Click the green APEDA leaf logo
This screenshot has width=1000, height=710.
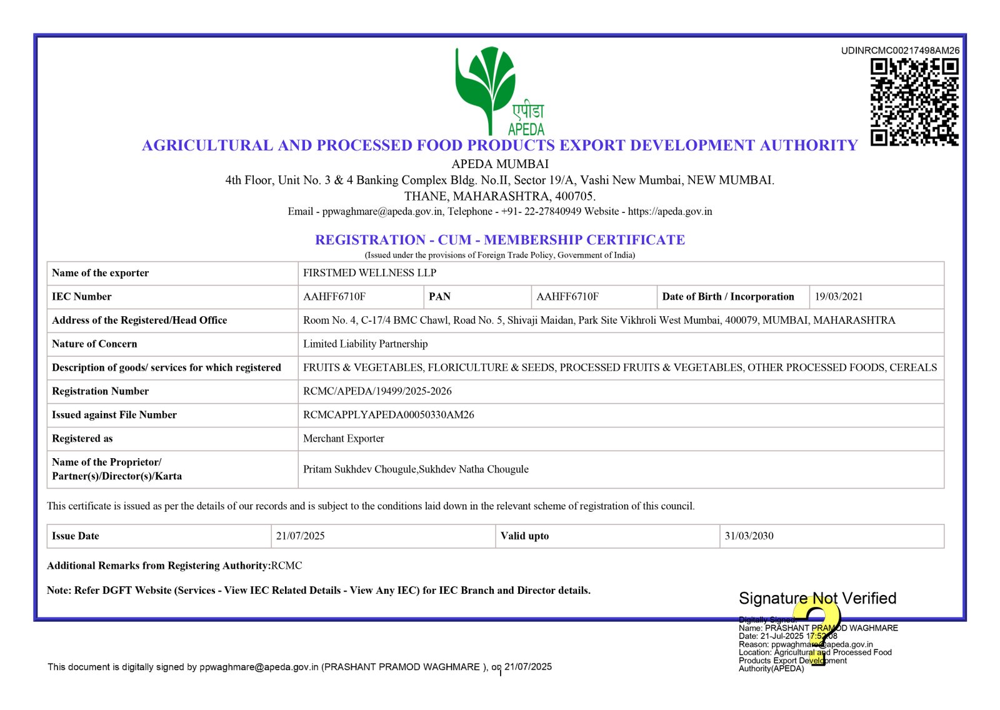click(486, 87)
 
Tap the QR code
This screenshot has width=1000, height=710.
click(914, 102)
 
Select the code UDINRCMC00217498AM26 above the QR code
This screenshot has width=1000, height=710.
click(900, 51)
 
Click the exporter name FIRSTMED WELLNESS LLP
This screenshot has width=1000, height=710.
click(369, 273)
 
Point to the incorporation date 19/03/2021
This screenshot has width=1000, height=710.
click(838, 297)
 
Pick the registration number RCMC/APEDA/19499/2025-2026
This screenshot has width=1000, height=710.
click(377, 391)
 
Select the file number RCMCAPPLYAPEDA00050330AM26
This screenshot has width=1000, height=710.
click(388, 415)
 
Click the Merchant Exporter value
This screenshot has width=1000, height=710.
click(343, 439)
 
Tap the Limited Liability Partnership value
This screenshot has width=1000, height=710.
click(365, 344)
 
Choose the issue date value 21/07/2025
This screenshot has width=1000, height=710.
click(300, 536)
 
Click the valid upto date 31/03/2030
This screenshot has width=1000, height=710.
click(749, 536)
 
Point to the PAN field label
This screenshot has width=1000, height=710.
click(439, 297)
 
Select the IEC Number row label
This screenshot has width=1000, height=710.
click(82, 297)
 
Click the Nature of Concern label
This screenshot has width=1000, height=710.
click(94, 344)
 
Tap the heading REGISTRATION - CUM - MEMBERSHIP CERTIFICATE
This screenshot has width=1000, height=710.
click(500, 240)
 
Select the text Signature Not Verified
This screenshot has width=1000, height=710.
click(817, 599)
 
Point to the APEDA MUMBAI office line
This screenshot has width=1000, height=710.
click(500, 164)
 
